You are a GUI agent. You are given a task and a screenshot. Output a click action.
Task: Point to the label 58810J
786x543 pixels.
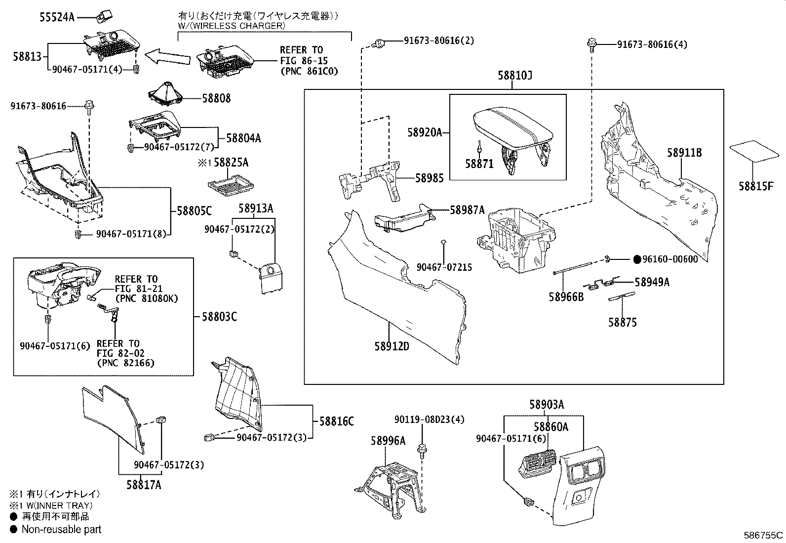coord(515,76)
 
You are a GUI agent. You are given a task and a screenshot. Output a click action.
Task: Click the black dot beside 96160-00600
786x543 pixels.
coord(637,259)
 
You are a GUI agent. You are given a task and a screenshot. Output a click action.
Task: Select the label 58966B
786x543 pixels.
coord(566,297)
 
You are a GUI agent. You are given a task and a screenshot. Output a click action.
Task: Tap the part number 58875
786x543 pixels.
coord(622,322)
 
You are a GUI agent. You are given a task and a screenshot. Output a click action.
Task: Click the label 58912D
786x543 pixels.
coord(392,346)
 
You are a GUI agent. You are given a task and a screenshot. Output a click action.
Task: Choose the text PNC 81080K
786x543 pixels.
coord(146,298)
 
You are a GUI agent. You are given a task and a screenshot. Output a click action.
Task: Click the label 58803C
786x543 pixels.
coord(219,317)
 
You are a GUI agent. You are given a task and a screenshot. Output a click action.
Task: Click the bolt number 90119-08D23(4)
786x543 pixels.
coord(430,419)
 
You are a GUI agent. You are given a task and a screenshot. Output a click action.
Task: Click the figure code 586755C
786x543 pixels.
coord(763,535)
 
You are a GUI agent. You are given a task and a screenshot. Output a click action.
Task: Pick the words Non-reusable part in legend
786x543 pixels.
coord(61,529)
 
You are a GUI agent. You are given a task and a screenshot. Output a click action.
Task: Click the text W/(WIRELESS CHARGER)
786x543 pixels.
coord(231,26)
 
